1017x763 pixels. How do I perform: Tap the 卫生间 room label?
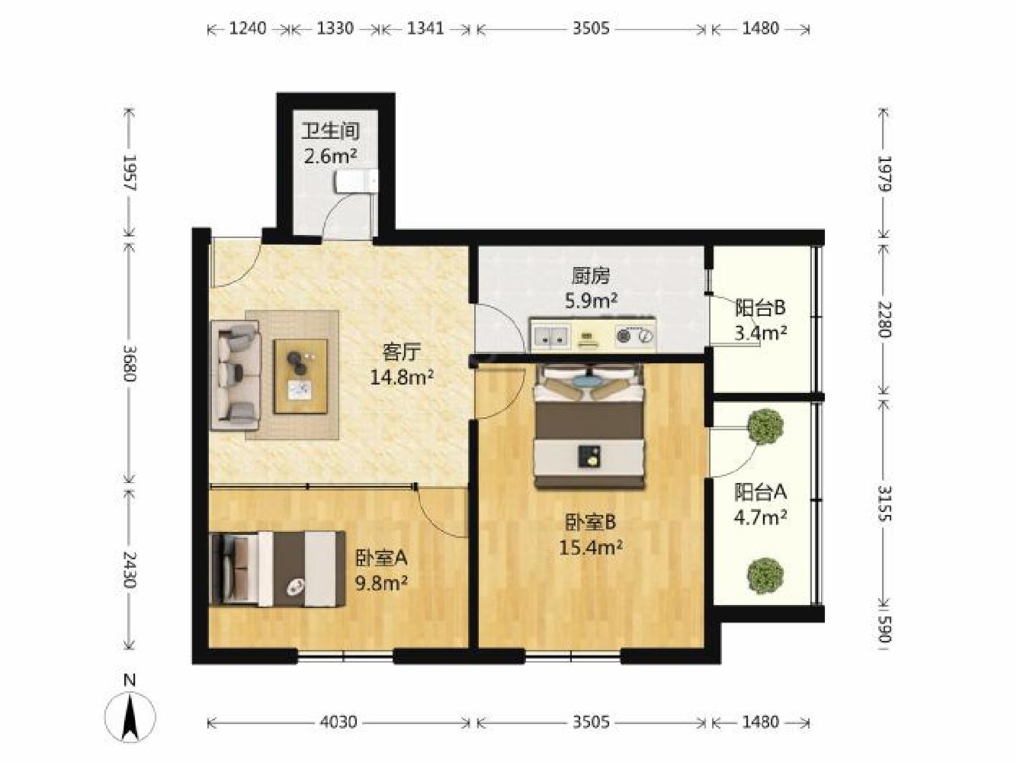(331, 132)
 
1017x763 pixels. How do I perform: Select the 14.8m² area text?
(402, 378)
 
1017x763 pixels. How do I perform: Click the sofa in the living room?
(236, 375)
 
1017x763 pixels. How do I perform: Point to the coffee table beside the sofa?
(300, 375)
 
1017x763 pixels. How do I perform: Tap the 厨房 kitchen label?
(591, 277)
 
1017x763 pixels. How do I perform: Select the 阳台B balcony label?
(760, 307)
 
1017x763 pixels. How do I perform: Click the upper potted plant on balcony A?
(766, 426)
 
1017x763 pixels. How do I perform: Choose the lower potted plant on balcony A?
(765, 575)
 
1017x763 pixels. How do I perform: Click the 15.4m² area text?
(590, 548)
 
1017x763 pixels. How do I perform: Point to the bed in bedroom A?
(278, 568)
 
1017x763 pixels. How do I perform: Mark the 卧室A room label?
(381, 558)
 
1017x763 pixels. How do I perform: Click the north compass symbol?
(130, 716)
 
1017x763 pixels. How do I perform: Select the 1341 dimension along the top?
(425, 29)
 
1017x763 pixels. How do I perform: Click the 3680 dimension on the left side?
(130, 363)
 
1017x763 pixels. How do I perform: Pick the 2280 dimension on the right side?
(885, 320)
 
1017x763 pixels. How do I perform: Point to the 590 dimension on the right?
(885, 629)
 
